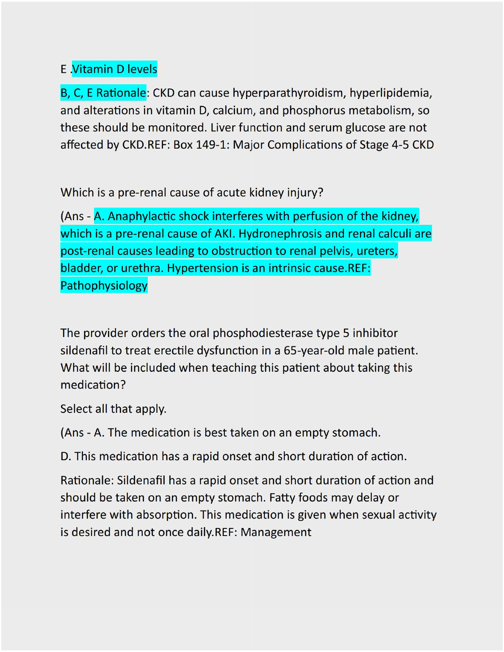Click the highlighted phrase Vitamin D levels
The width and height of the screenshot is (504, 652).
[115, 69]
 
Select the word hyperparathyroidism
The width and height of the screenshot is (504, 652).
[289, 93]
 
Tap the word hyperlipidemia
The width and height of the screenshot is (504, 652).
[390, 93]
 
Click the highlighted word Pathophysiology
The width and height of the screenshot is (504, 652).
[104, 286]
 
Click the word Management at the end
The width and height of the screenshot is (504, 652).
[276, 532]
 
